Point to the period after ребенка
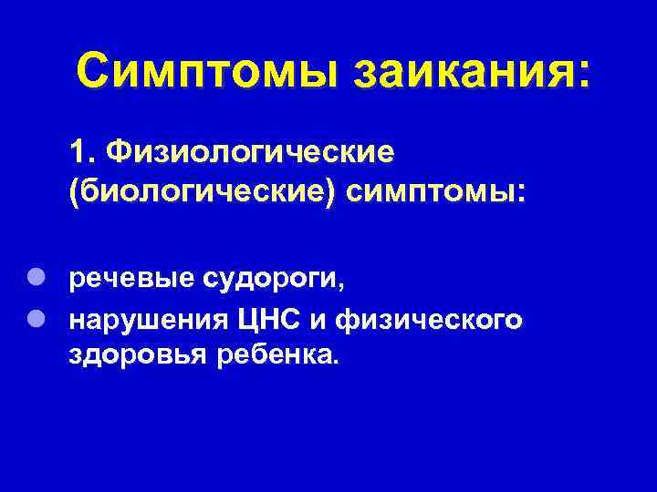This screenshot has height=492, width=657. click(x=334, y=362)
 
